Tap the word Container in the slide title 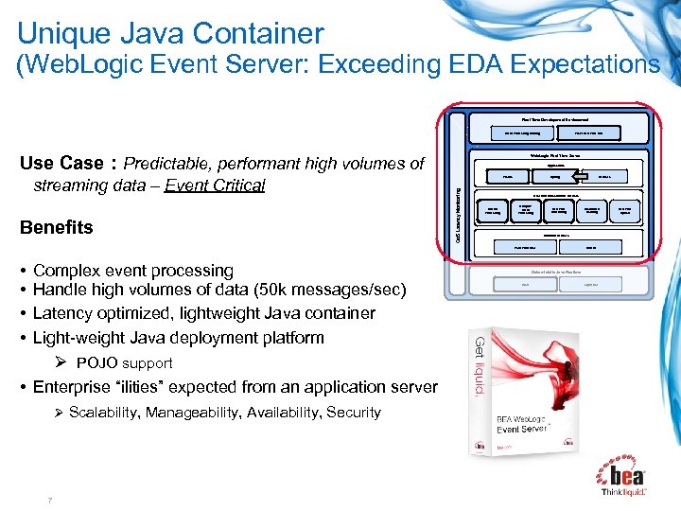(x=260, y=33)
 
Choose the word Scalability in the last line (x=107, y=413)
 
